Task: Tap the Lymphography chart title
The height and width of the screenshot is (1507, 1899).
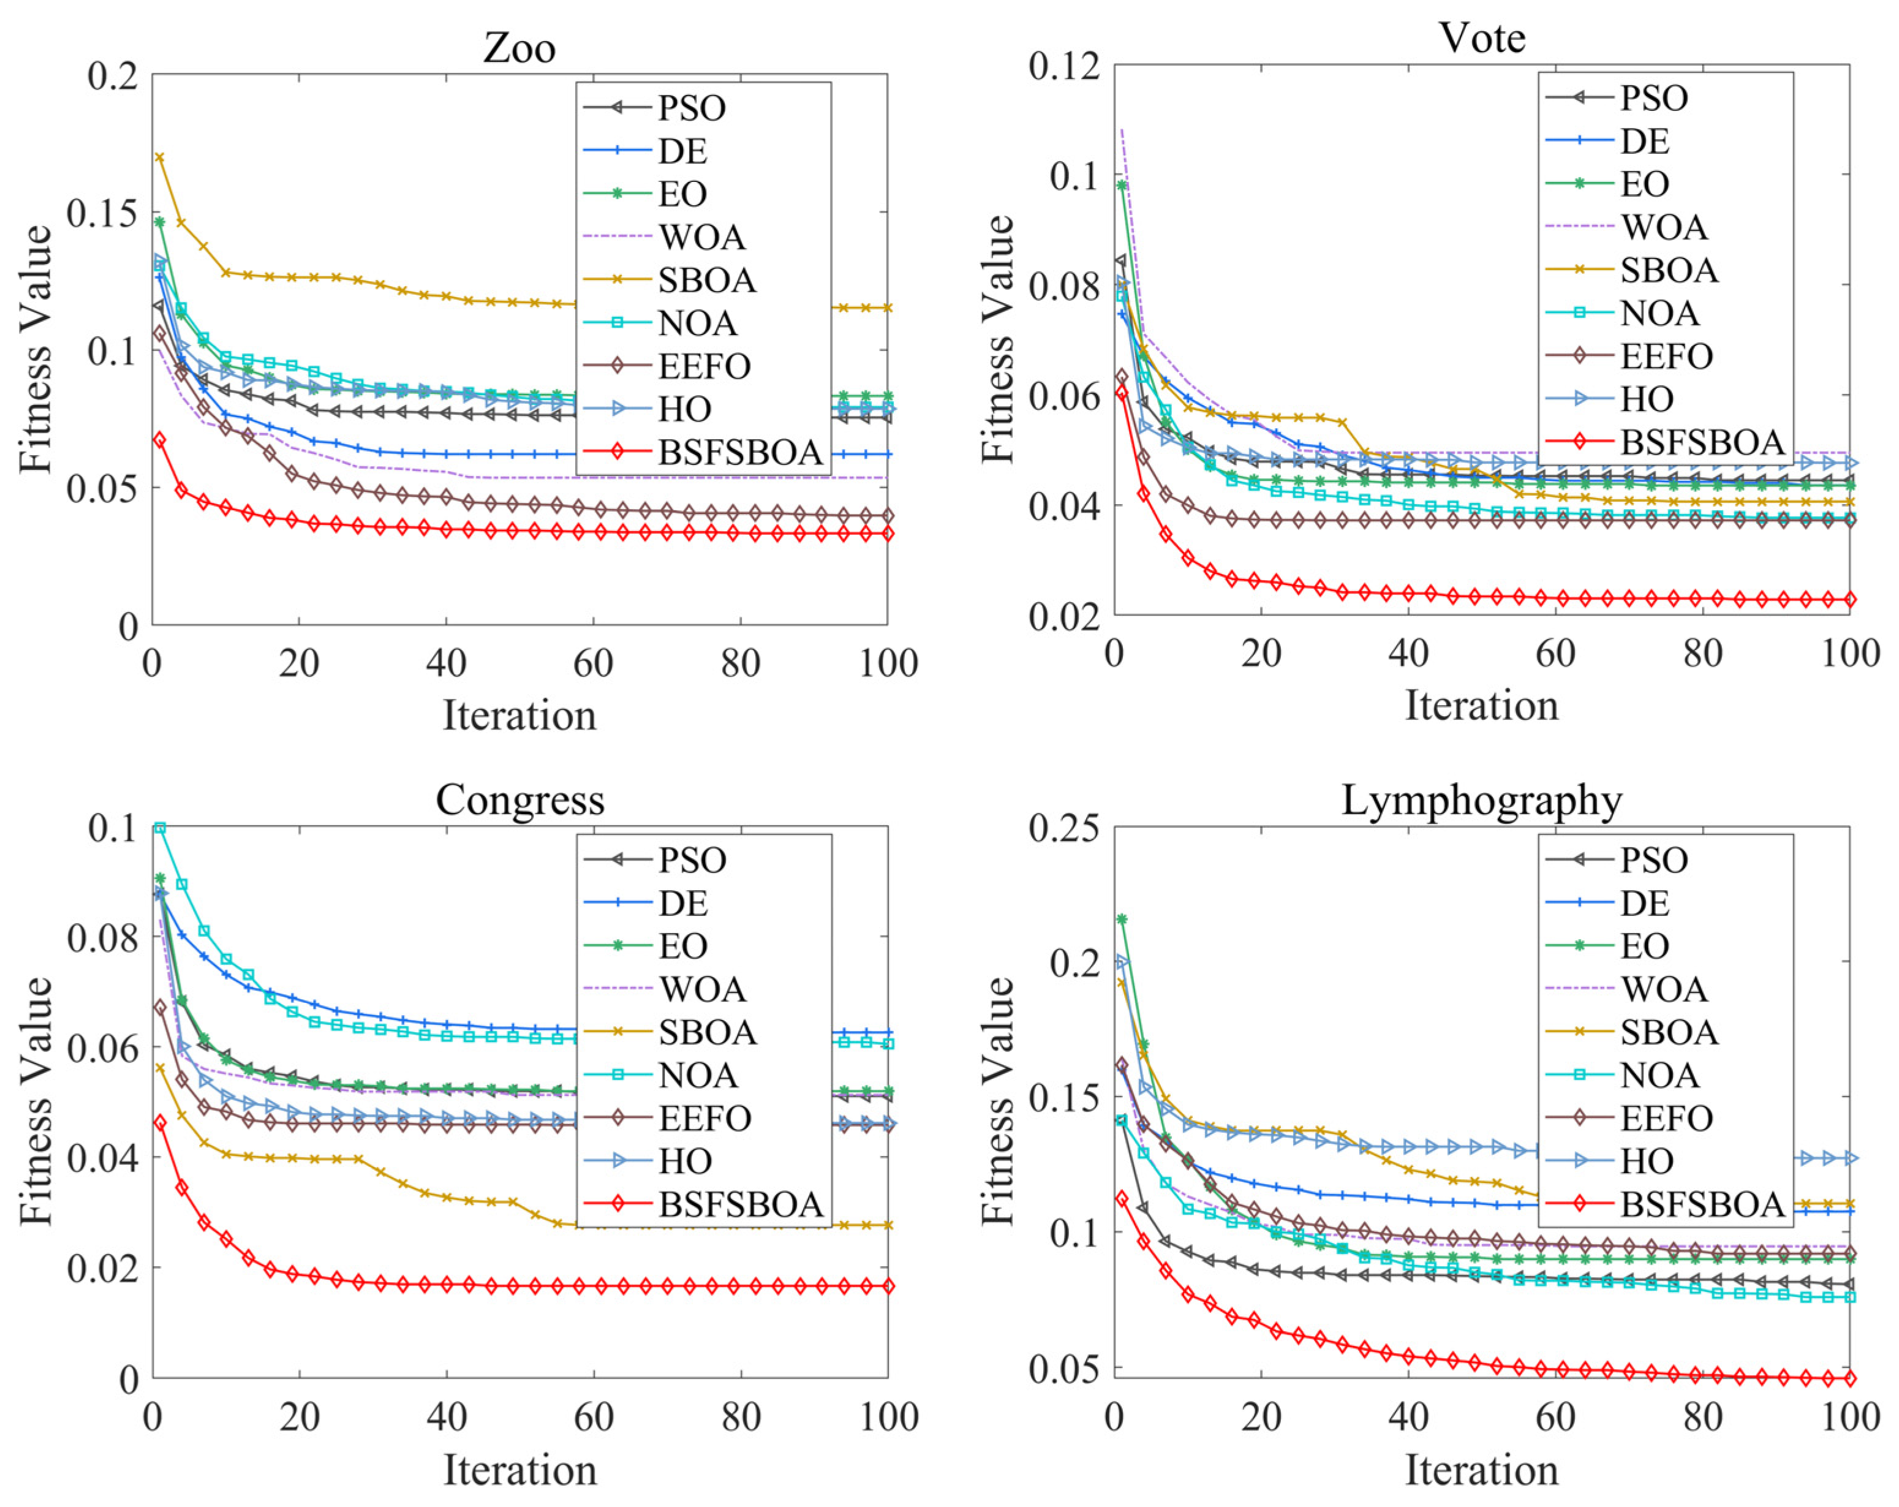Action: [x=1481, y=801]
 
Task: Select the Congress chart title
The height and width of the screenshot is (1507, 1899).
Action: [x=519, y=801]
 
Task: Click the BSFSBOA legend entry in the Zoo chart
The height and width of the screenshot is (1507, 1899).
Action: [x=740, y=452]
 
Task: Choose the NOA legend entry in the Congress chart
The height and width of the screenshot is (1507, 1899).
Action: [x=698, y=1075]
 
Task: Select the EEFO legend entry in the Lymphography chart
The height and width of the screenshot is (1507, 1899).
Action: [x=1666, y=1118]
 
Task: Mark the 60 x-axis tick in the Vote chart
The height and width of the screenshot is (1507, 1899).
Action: [x=1555, y=654]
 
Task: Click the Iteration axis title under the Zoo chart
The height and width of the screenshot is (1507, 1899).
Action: [x=519, y=715]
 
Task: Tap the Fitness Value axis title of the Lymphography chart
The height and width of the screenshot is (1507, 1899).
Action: [x=997, y=1101]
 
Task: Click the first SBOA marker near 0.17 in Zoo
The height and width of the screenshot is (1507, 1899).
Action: [x=159, y=157]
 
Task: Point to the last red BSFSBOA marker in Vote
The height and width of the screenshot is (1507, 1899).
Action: [x=1849, y=600]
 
